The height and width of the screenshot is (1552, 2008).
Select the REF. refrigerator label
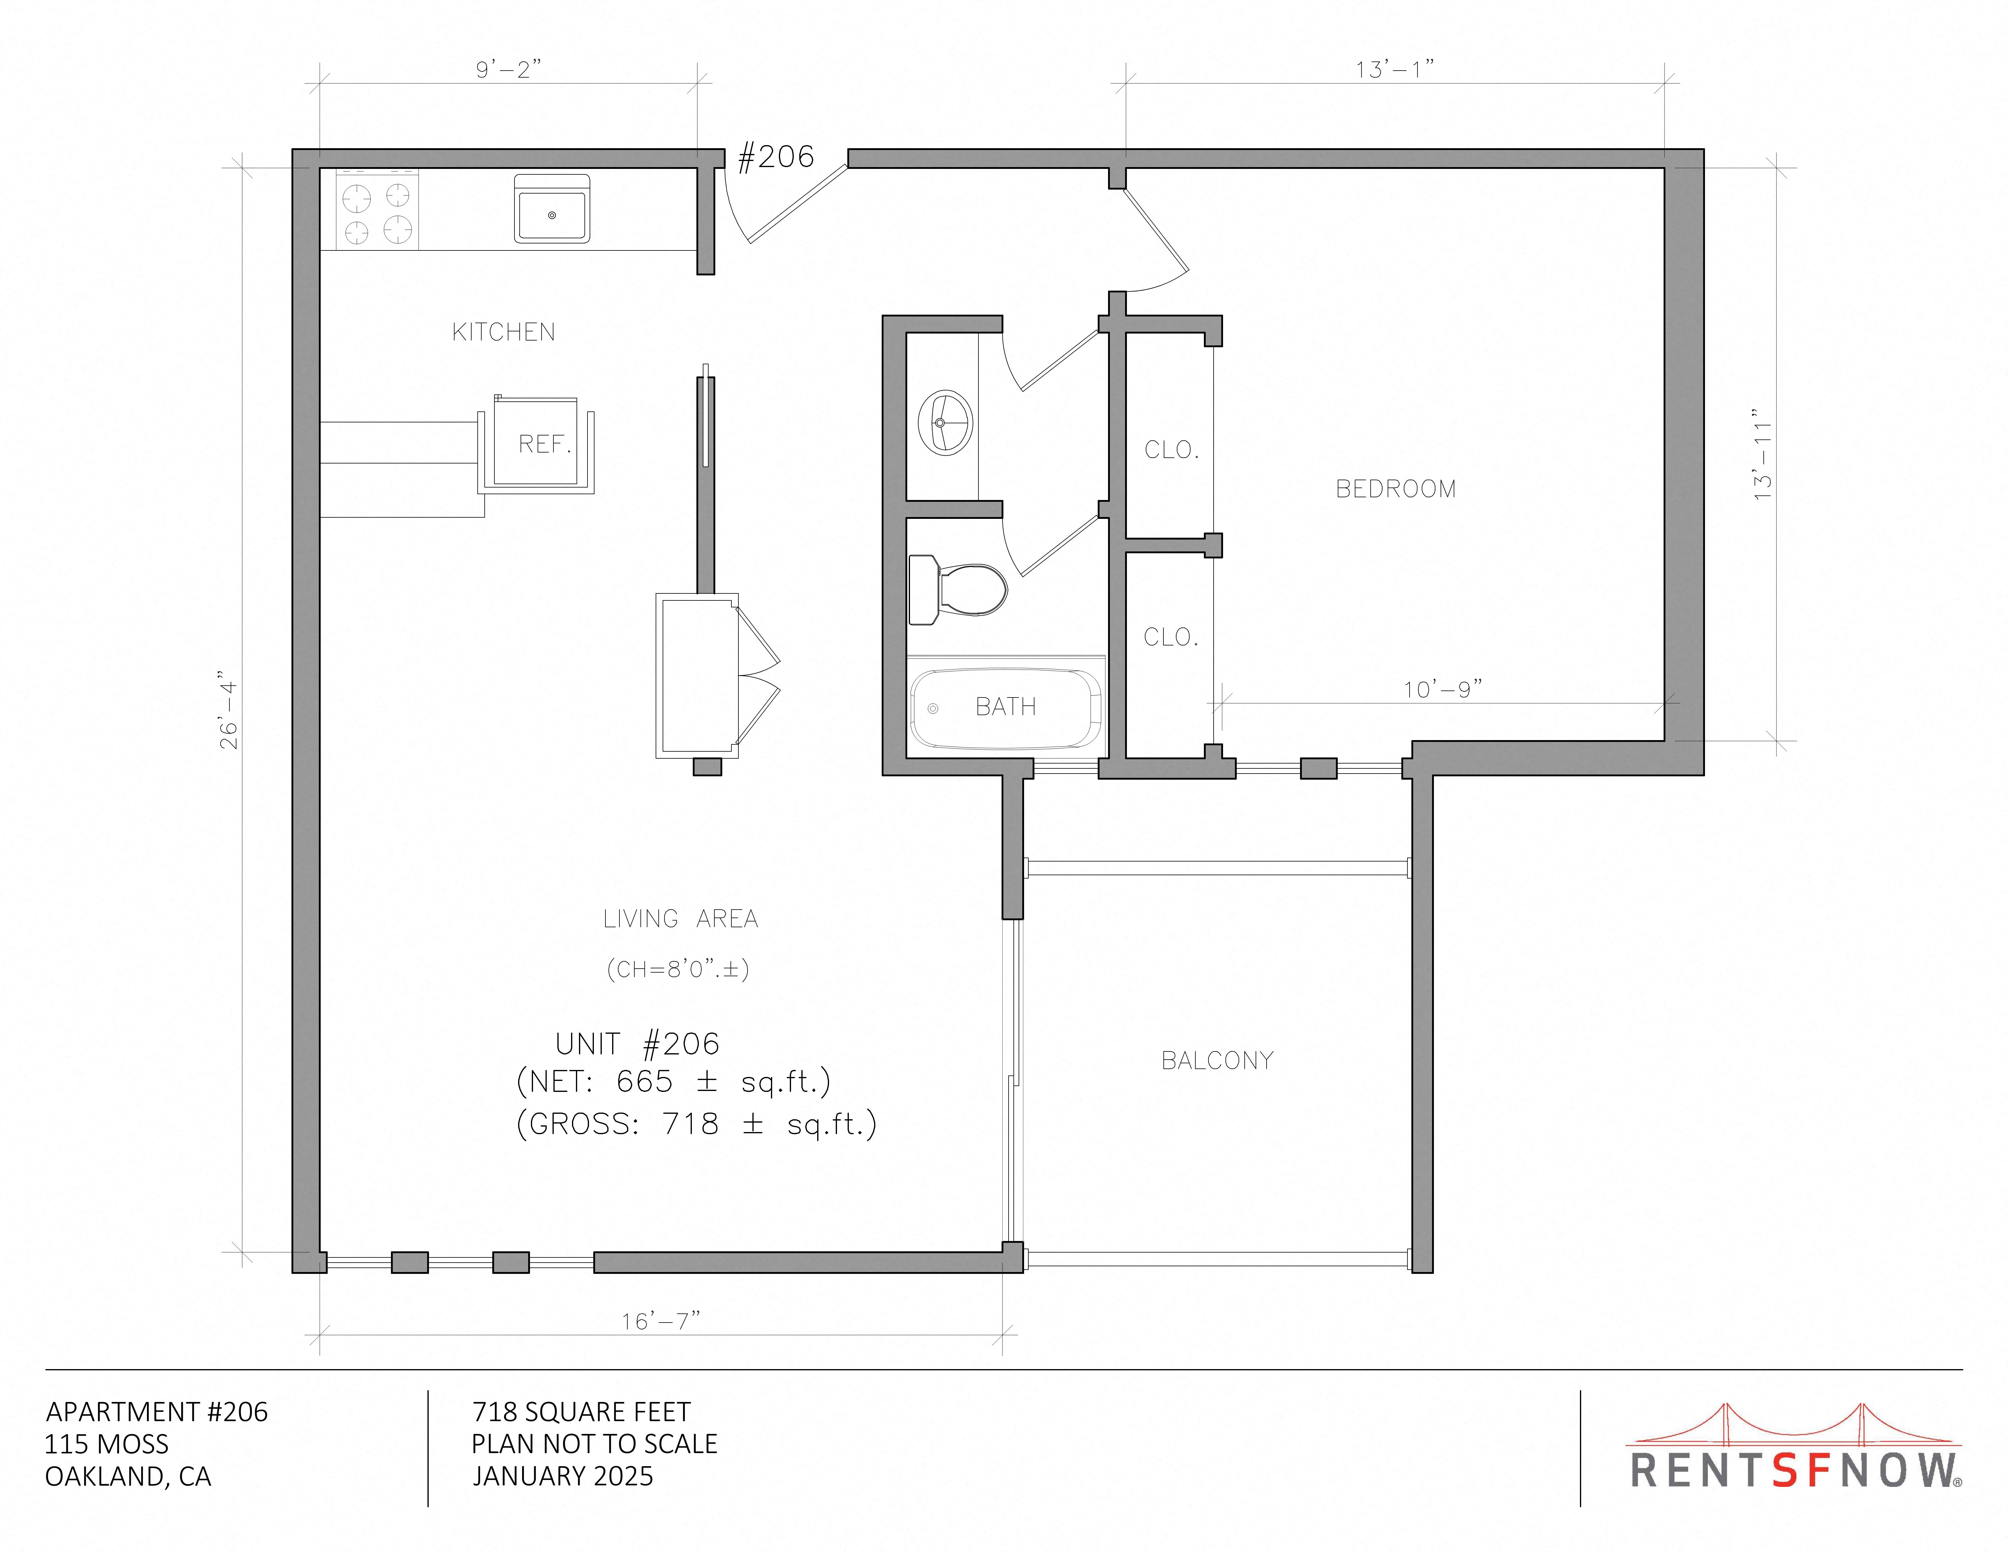pos(544,444)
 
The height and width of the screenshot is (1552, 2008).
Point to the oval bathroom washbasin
pos(945,423)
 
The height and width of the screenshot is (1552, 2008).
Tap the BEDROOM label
pos(1396,489)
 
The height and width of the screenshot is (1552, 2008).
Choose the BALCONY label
pos(1217,1060)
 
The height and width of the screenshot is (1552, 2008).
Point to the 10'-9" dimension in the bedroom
pos(1442,689)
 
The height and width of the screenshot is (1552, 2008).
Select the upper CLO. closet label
pos(1171,449)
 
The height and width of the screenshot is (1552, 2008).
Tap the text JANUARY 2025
pos(563,1477)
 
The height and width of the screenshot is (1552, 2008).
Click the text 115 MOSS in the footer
pos(107,1443)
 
